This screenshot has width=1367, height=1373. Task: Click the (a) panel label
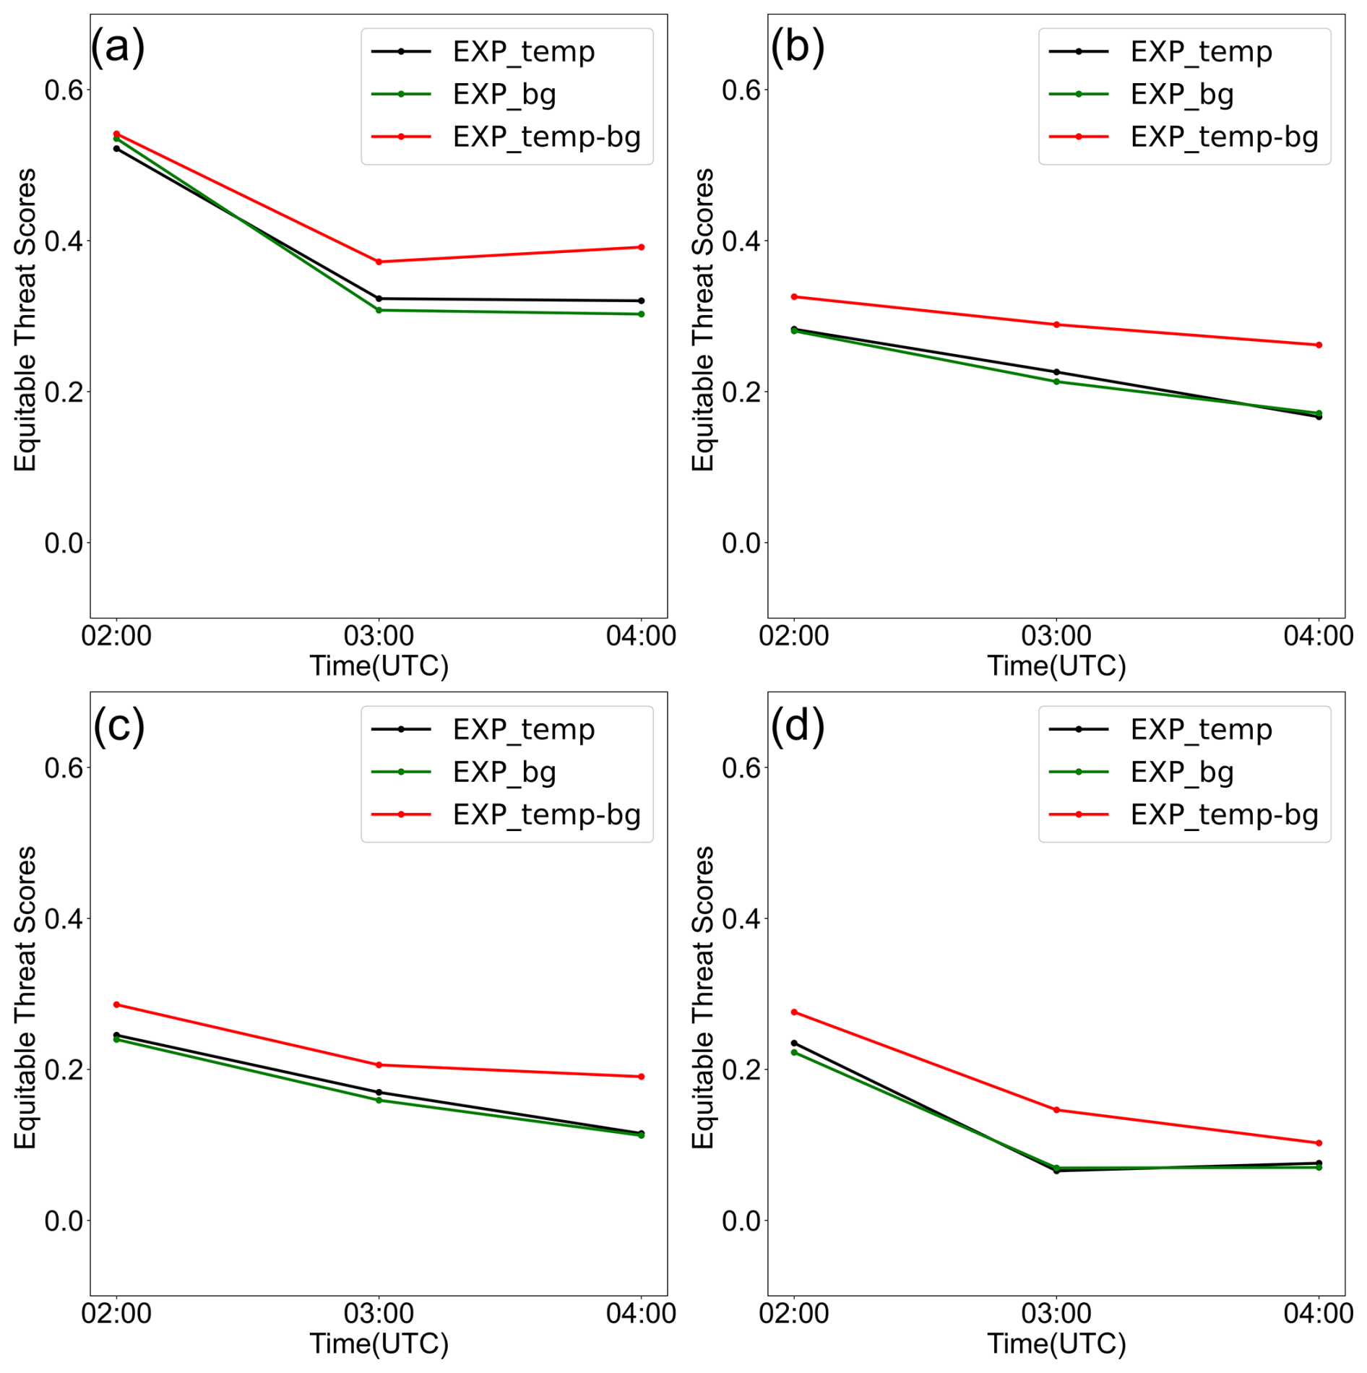tap(118, 48)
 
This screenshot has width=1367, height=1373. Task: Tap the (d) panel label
tap(797, 726)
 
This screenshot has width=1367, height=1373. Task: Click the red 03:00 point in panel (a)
tap(379, 262)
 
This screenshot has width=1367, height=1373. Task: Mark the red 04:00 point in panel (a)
tap(641, 247)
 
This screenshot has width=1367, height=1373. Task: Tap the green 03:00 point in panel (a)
tap(379, 310)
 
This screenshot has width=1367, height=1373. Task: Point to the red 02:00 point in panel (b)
tap(794, 297)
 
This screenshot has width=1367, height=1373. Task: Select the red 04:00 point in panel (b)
tap(1319, 345)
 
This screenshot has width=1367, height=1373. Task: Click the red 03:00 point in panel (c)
tap(379, 1064)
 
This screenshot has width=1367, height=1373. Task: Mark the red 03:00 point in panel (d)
tap(1056, 1110)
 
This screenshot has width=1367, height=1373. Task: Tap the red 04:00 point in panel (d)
tap(1319, 1143)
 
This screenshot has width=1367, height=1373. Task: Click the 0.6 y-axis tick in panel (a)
tap(64, 90)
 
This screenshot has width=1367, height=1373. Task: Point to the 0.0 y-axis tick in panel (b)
tap(741, 543)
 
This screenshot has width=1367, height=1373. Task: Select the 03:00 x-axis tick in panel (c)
tap(379, 1313)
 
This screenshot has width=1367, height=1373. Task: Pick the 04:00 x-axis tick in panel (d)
tap(1318, 1313)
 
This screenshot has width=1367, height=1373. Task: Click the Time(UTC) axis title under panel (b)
tap(1056, 666)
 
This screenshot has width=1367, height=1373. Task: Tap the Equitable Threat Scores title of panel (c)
tap(26, 997)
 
